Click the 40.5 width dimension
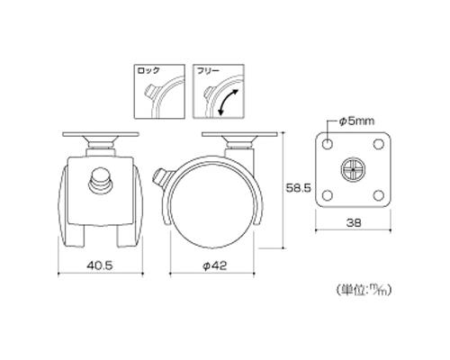[100, 265]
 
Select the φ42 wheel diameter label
[215, 265]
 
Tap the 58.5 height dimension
[298, 188]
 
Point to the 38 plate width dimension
[354, 222]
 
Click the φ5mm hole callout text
[356, 121]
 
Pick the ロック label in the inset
[148, 71]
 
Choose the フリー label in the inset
[208, 71]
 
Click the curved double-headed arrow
[228, 102]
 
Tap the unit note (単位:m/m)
[364, 290]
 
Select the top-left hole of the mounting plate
[328, 144]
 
